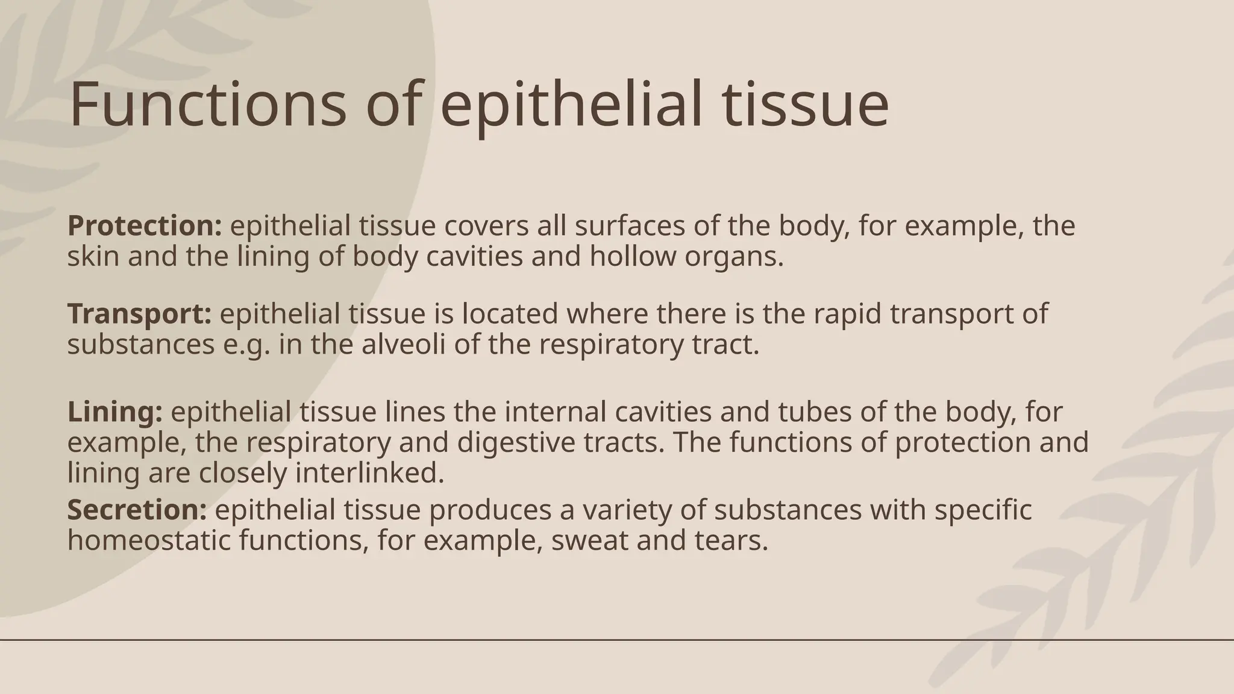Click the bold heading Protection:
[145, 226]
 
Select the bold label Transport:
[139, 314]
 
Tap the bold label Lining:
[114, 412]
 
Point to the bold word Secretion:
[137, 510]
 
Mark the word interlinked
[369, 473]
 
